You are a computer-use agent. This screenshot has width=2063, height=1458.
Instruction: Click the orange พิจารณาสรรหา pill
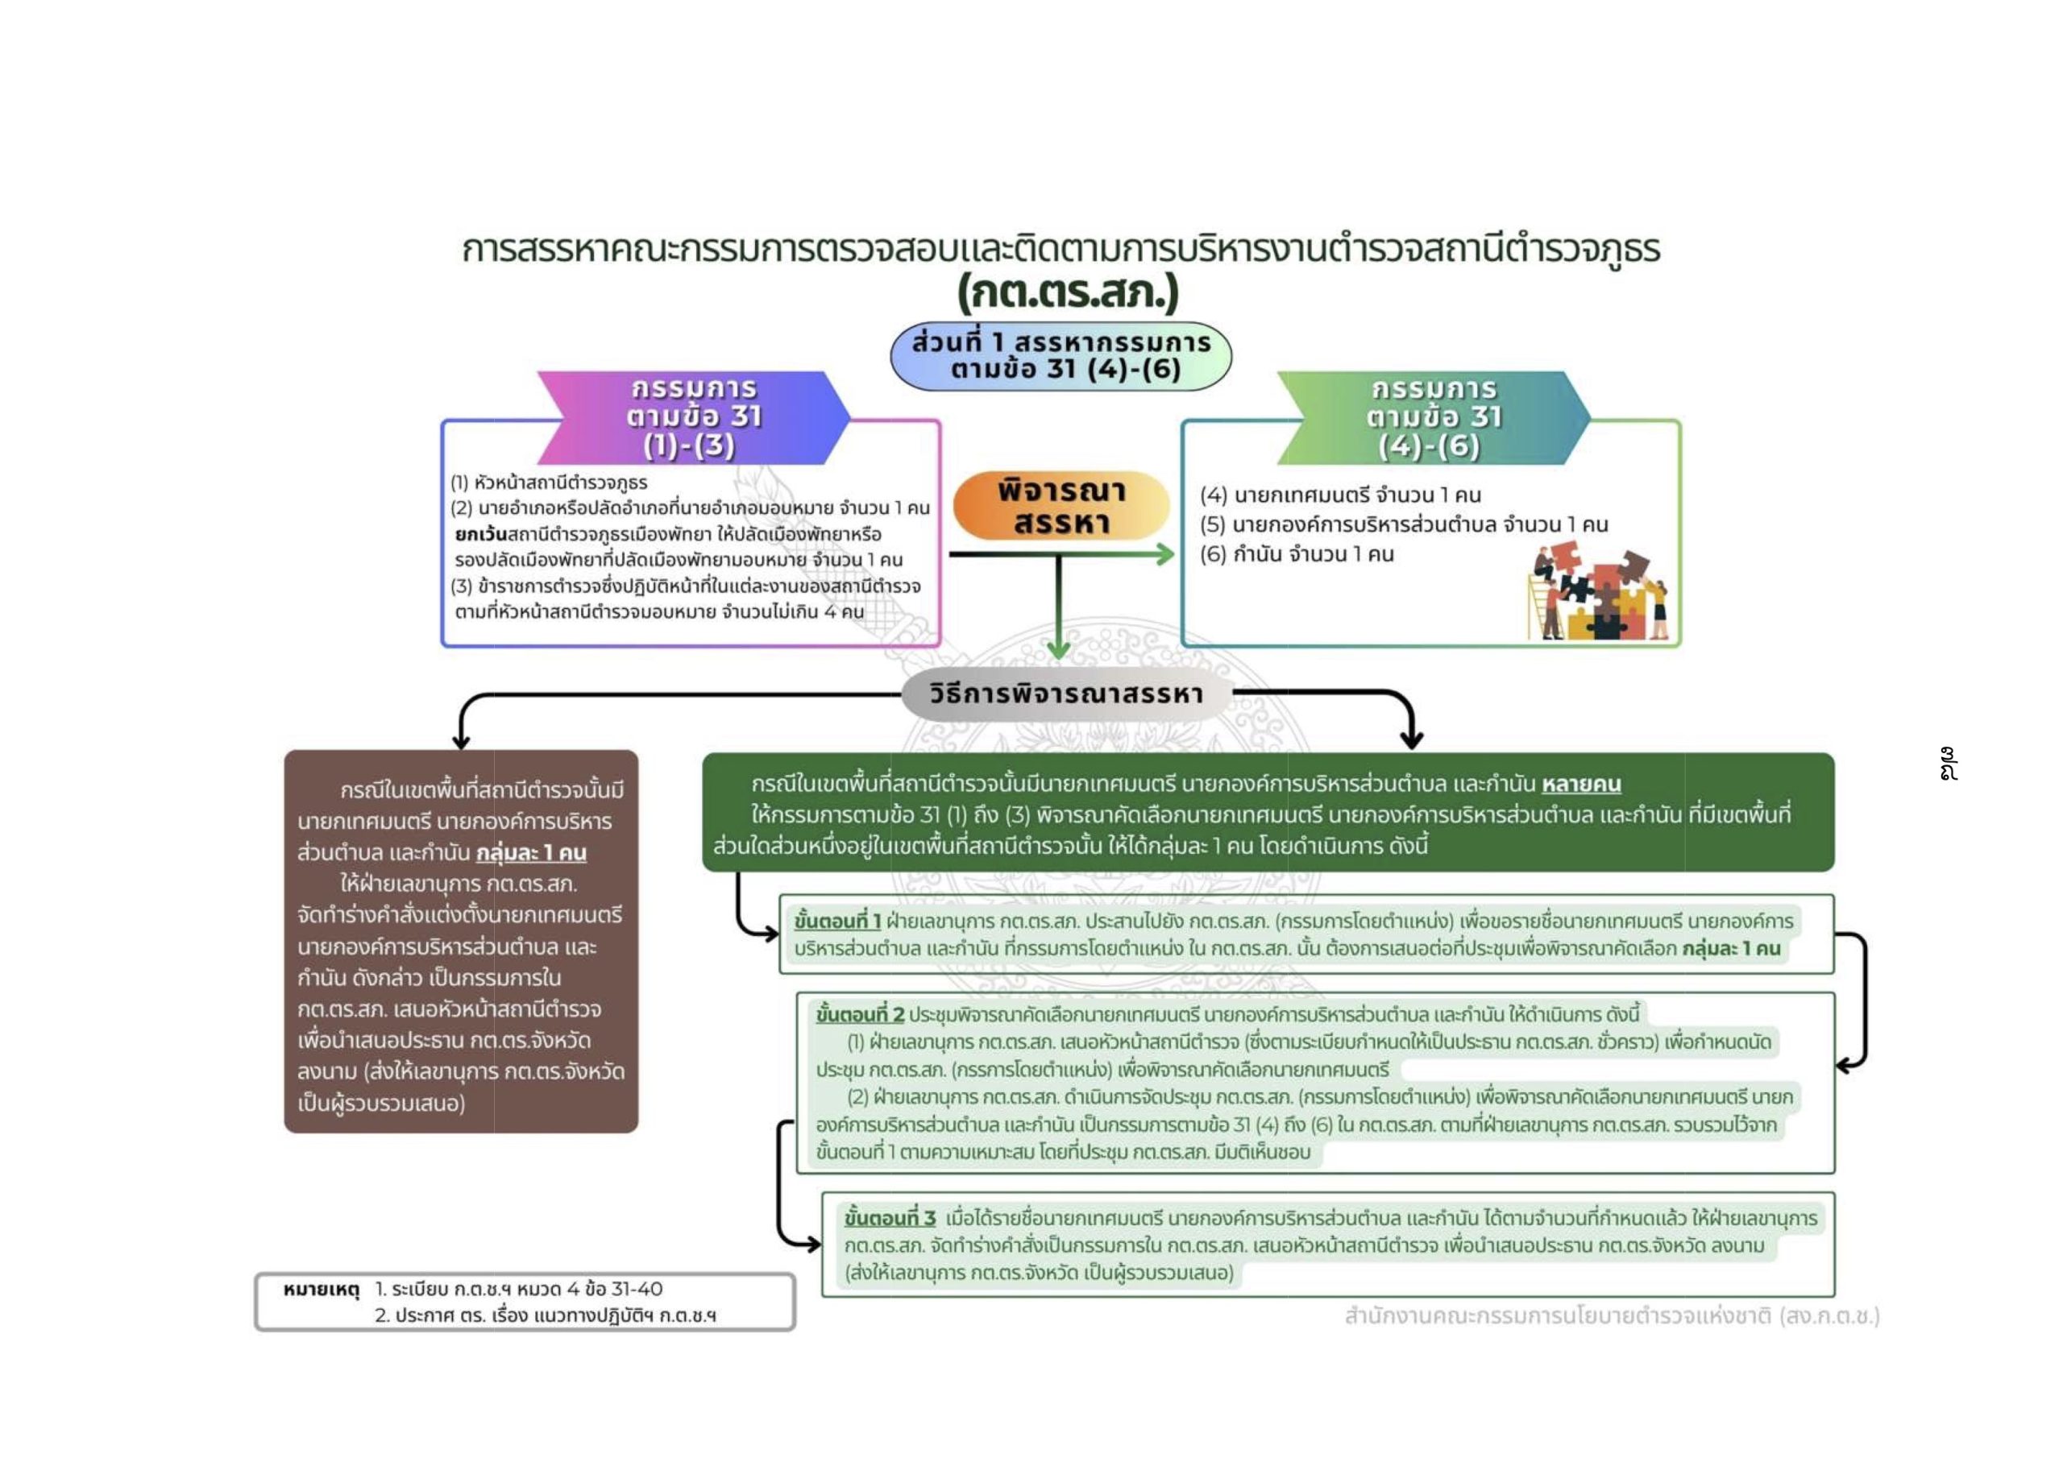(x=1061, y=506)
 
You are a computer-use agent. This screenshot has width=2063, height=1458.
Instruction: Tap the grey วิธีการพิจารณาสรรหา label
(x=1065, y=694)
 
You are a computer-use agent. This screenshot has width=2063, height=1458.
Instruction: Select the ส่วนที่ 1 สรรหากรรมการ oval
(x=1061, y=357)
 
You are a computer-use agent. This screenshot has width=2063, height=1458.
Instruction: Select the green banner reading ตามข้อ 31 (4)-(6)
(x=1432, y=418)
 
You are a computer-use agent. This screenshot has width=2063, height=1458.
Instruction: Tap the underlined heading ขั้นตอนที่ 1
(x=837, y=921)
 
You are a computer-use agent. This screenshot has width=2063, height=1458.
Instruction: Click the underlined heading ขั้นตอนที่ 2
(x=860, y=1015)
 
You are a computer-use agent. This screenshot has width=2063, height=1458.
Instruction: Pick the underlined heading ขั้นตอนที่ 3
(x=890, y=1218)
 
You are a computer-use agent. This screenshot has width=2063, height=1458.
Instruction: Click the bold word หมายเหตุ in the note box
(x=321, y=1290)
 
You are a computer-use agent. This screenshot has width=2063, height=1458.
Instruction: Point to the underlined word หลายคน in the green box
(x=1581, y=785)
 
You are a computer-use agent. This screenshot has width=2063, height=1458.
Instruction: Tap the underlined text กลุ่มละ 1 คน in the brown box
(x=531, y=852)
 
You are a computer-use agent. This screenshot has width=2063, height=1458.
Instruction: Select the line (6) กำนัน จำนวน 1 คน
(x=1297, y=554)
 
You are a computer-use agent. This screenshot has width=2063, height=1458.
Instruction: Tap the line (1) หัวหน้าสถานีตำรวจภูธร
(x=549, y=483)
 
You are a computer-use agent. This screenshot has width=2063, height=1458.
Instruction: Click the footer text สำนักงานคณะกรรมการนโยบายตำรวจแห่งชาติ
(x=1558, y=1316)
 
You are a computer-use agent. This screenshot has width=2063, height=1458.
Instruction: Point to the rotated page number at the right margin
(x=1948, y=764)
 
